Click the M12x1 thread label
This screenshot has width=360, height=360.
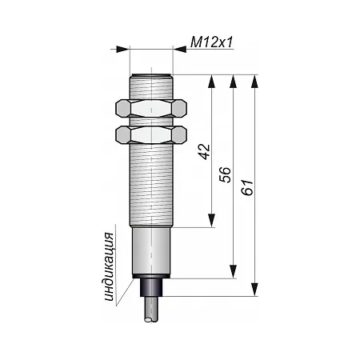[x=212, y=42]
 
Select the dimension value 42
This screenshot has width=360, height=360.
[x=206, y=152]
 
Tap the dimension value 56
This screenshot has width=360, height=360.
[x=225, y=175]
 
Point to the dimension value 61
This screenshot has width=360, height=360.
[x=247, y=187]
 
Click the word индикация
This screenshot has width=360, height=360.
[x=110, y=266]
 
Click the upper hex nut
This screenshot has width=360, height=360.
[x=151, y=108]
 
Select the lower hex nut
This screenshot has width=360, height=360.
[x=151, y=134]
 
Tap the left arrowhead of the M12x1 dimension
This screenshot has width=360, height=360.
[x=123, y=49]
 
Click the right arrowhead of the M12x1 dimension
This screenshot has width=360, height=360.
[x=180, y=49]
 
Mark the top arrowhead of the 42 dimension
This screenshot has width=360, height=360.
[x=212, y=81]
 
